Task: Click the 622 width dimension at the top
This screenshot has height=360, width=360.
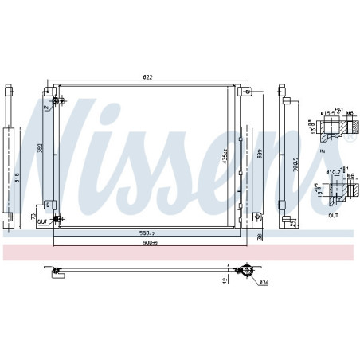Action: (147, 77)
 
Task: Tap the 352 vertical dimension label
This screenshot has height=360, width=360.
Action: (41, 147)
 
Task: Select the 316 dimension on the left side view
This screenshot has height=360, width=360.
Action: (17, 176)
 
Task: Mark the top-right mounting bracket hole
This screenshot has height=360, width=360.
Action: (248, 92)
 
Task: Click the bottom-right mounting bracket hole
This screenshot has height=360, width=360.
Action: (256, 217)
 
